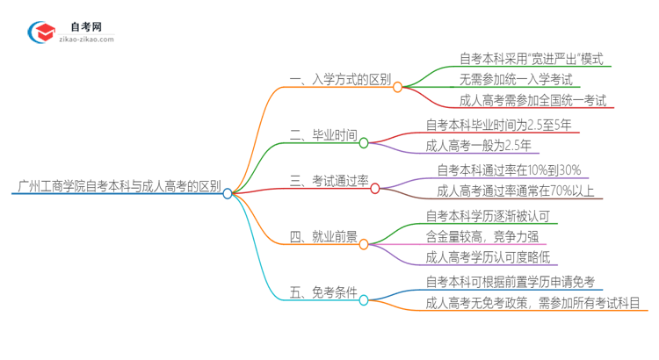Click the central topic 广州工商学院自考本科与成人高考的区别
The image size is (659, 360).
point(119,187)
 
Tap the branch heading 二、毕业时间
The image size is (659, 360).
point(323,135)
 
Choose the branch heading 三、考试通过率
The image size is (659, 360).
point(329,182)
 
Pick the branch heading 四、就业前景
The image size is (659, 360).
point(322,236)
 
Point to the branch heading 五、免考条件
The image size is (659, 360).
point(322,292)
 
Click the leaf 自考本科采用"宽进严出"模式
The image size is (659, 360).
point(532,59)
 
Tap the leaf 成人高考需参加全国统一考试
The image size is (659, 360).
point(532,100)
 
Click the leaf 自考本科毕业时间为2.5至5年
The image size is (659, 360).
point(498,125)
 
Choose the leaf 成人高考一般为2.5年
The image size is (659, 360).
point(478,146)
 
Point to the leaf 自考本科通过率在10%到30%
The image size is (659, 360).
point(509,170)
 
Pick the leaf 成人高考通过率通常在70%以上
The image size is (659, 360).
point(515,191)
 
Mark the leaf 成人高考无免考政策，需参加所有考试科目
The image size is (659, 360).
point(532,304)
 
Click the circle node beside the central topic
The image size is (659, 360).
point(228,193)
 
